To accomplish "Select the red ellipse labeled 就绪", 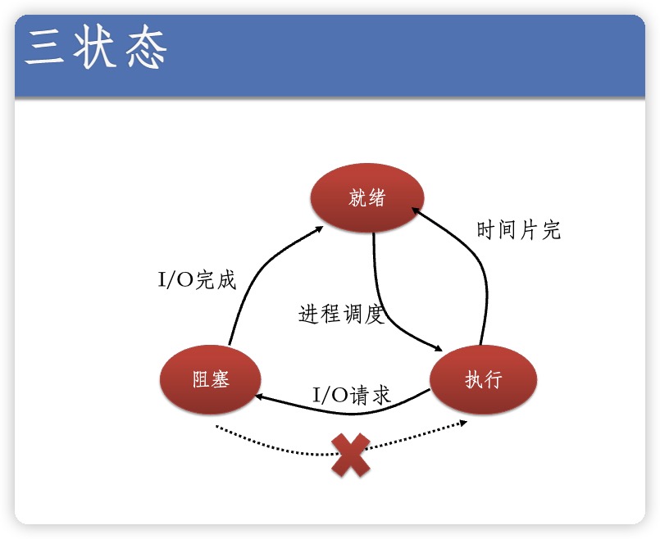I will coord(366,199).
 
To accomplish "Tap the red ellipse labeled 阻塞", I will coord(211,380).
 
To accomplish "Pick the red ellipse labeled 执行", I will coord(483,380).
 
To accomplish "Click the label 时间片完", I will coord(518,230).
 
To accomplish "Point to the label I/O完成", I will coord(197,280).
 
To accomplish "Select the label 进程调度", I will coord(341,314).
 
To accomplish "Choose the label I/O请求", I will coord(352,395).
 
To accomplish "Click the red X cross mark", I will coord(350,455).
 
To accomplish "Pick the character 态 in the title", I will coord(147,48).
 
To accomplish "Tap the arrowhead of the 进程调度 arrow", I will coord(437,347).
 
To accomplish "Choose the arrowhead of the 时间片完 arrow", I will coord(416,212).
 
